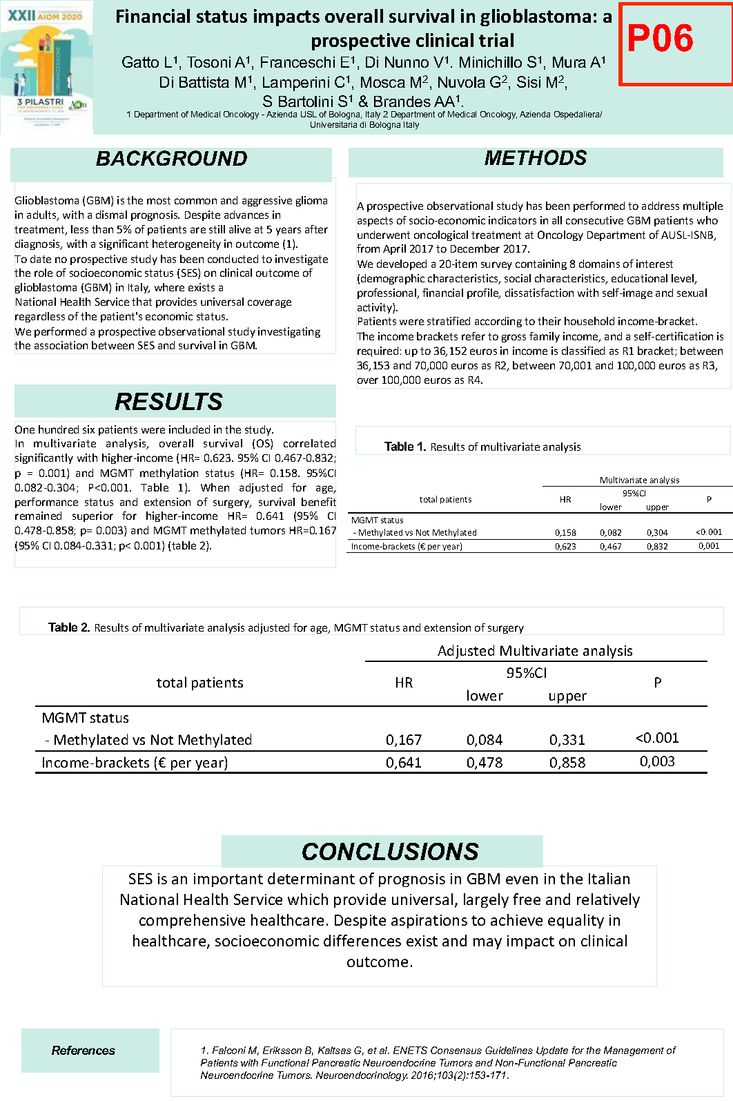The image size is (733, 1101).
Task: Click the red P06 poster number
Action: click(x=661, y=39)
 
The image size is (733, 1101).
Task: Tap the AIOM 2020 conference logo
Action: click(x=46, y=68)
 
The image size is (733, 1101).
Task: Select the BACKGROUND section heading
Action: click(x=171, y=159)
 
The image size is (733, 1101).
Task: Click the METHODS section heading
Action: click(x=536, y=158)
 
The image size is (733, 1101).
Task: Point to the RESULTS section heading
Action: click(x=169, y=401)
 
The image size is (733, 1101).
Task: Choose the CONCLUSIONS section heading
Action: click(x=390, y=851)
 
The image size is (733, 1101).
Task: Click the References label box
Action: click(x=84, y=1050)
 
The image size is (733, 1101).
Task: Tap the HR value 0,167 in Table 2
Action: click(x=404, y=740)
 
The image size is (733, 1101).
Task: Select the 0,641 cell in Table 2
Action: click(x=404, y=763)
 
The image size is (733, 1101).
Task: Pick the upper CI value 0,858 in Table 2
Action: click(x=567, y=763)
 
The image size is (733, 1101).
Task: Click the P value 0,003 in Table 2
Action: click(x=657, y=761)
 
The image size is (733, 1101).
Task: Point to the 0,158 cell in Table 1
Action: click(x=565, y=533)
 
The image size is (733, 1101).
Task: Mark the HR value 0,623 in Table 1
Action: click(x=565, y=546)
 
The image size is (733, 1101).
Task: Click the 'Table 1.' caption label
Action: click(x=405, y=447)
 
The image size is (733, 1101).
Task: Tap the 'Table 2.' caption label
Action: click(x=69, y=627)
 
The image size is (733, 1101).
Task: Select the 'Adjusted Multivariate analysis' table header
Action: click(x=535, y=651)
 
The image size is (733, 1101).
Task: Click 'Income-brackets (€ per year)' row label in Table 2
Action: click(x=135, y=763)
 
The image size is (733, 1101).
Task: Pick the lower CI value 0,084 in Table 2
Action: click(x=485, y=740)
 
